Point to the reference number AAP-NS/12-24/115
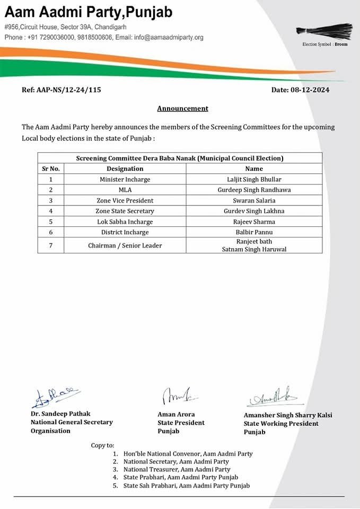[x=68, y=90]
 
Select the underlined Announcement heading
[x=182, y=109]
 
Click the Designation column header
[x=125, y=169]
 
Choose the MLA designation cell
[x=125, y=190]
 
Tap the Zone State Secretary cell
[x=125, y=211]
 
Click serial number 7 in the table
[x=51, y=245]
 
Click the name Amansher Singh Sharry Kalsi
[x=288, y=415]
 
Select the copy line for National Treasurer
[x=177, y=469]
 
